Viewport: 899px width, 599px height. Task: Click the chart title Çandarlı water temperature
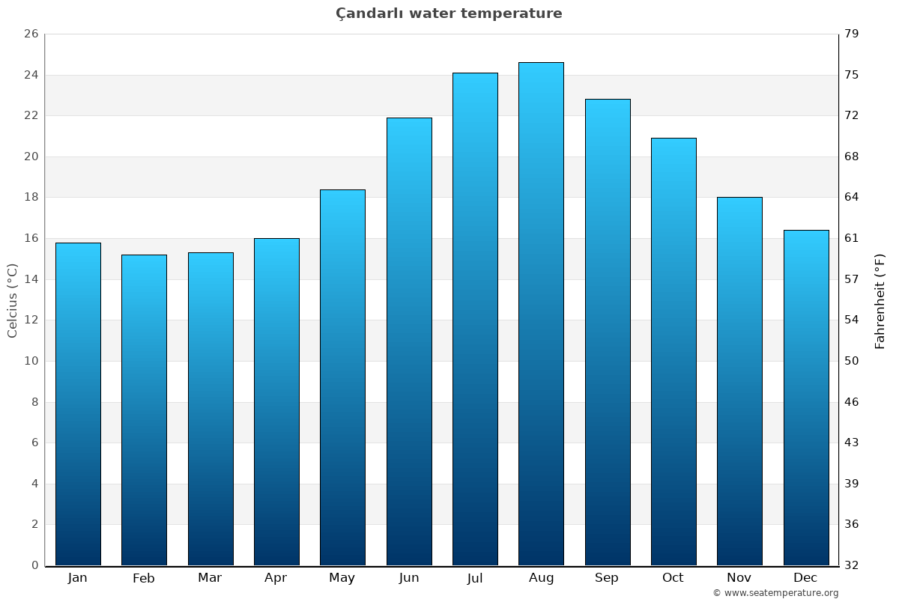(x=449, y=13)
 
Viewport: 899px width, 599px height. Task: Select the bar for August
(x=541, y=314)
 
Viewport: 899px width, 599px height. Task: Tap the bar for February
(x=144, y=410)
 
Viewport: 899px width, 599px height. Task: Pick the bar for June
(x=409, y=341)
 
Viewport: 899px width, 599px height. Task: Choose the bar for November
(x=739, y=381)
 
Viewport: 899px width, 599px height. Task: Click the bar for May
(x=342, y=377)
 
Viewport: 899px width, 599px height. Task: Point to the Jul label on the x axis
(x=475, y=578)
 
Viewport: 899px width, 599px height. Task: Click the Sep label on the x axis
(x=607, y=578)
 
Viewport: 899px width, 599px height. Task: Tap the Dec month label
(x=805, y=578)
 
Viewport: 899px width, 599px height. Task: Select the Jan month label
(x=78, y=578)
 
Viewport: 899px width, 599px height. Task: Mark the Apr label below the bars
(x=276, y=578)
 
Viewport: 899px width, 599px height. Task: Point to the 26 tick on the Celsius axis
(x=31, y=34)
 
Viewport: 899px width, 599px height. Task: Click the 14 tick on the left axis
(x=31, y=279)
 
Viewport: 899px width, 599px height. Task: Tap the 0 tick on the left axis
(x=34, y=565)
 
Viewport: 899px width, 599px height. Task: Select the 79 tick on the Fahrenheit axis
(x=852, y=34)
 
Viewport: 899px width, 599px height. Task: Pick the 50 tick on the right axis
(x=852, y=361)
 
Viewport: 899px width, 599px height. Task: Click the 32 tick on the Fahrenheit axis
(x=852, y=565)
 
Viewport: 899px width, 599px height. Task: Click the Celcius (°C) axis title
(x=12, y=300)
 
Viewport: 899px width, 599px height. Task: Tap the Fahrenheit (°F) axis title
(x=880, y=300)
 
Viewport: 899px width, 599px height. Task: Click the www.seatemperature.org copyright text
(x=775, y=593)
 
